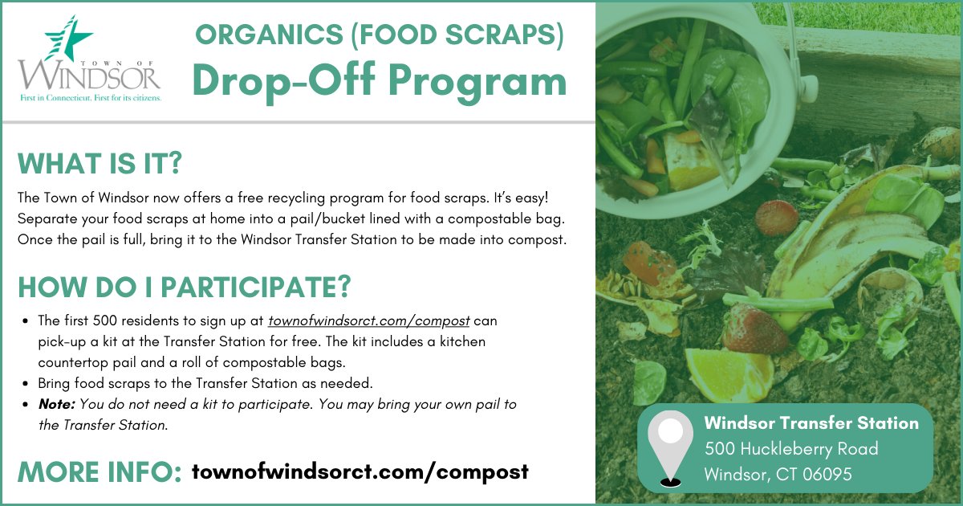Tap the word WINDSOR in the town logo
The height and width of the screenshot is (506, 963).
(90, 75)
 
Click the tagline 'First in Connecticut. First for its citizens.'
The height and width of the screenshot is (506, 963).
(90, 97)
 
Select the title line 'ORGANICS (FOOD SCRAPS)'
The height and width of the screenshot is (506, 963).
(380, 34)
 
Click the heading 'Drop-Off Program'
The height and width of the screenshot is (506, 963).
(380, 80)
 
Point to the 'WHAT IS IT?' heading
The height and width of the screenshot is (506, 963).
(100, 164)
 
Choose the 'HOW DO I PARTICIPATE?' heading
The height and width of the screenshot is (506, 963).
(185, 287)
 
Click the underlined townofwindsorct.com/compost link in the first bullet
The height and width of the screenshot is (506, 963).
(368, 320)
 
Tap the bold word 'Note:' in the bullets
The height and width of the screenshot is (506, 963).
(56, 404)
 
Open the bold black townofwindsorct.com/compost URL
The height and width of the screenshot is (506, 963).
(360, 471)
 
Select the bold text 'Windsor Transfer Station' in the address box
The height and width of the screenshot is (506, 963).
(811, 422)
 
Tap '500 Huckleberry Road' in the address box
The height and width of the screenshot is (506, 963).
(790, 448)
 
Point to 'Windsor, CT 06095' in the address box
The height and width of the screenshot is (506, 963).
(778, 475)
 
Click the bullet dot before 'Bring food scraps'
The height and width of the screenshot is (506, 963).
(28, 384)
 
